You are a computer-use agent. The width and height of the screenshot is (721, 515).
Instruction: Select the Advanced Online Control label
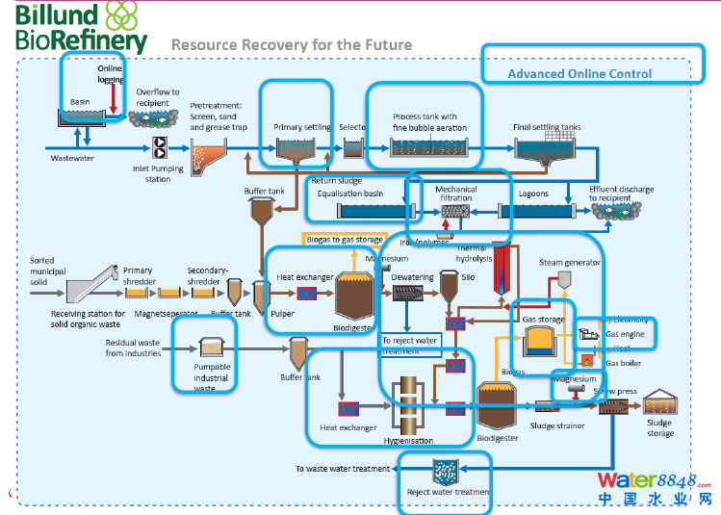tap(579, 73)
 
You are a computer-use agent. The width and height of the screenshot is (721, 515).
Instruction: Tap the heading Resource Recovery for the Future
tap(291, 44)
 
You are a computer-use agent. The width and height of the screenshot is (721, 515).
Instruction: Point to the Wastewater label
tap(71, 158)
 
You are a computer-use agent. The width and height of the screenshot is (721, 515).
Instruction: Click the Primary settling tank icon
tap(302, 147)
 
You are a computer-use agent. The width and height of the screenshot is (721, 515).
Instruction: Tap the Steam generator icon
tap(564, 279)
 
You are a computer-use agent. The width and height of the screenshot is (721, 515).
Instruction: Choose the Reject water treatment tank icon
tap(446, 472)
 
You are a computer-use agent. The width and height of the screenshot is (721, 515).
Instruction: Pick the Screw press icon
tap(612, 408)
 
